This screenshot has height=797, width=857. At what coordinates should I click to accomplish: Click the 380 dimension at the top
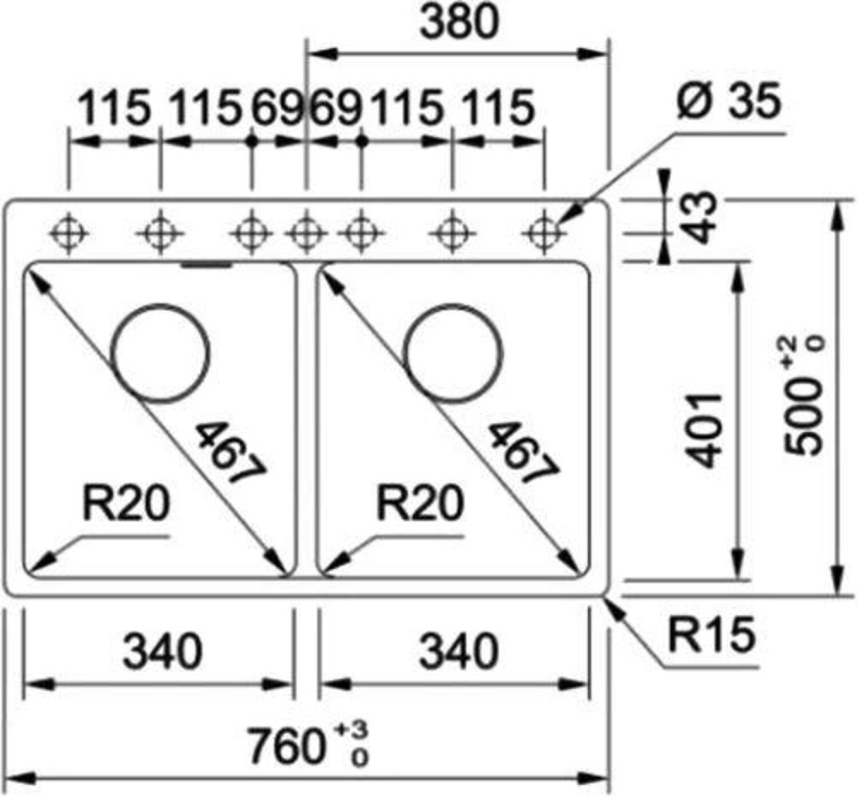[x=459, y=22]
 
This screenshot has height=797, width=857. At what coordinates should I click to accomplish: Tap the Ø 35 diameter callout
[x=728, y=102]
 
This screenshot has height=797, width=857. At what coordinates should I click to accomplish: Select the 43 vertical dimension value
[x=699, y=217]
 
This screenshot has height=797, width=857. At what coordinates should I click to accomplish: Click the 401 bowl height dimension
[x=704, y=430]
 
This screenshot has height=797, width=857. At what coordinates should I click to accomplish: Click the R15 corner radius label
[x=712, y=635]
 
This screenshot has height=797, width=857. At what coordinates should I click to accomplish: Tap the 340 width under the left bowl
[x=162, y=651]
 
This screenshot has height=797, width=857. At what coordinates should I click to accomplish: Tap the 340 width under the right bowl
[x=458, y=651]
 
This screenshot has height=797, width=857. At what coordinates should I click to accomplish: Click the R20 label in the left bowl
[x=126, y=503]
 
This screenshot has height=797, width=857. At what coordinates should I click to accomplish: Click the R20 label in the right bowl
[x=420, y=503]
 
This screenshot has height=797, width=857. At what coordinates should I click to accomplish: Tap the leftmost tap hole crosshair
[x=69, y=234]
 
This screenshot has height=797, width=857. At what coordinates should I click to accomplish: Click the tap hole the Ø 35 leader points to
[x=543, y=234]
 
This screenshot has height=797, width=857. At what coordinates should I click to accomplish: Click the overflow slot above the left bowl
[x=207, y=265]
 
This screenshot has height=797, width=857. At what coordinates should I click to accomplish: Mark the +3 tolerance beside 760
[x=351, y=730]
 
